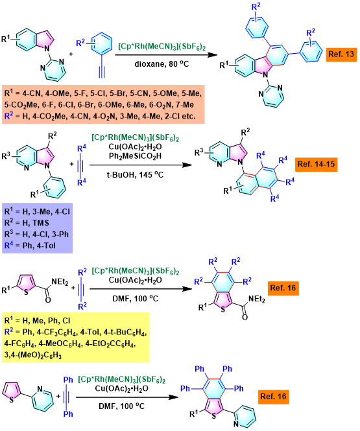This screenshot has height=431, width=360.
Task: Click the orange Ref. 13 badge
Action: click(x=341, y=54)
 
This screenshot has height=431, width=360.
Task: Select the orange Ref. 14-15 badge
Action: click(x=316, y=165)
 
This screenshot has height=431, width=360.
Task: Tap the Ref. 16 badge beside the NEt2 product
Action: click(x=283, y=288)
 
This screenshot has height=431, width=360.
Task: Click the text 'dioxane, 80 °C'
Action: click(x=162, y=64)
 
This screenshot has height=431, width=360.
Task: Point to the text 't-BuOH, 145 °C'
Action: click(x=135, y=175)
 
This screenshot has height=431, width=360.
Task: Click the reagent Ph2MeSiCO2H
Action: click(x=135, y=156)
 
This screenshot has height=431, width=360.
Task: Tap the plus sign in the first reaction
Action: click(x=71, y=54)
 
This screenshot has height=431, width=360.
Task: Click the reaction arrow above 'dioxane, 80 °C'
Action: click(x=166, y=54)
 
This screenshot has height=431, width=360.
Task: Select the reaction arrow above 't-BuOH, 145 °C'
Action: click(x=141, y=165)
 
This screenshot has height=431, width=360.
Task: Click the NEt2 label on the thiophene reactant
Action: click(x=60, y=282)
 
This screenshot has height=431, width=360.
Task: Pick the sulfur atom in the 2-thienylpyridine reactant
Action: click(x=11, y=399)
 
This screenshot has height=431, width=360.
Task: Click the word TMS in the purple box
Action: click(x=41, y=223)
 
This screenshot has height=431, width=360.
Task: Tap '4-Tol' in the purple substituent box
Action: click(x=46, y=246)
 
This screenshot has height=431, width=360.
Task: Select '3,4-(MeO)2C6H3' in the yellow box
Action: click(x=32, y=355)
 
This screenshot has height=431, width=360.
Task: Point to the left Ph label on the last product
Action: click(x=185, y=388)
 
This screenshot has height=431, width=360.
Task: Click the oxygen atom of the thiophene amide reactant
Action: click(x=48, y=300)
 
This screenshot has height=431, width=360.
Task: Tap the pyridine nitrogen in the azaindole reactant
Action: click(x=26, y=167)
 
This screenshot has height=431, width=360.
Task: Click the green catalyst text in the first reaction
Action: click(x=162, y=46)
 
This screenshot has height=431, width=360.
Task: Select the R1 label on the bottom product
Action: click(x=194, y=414)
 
